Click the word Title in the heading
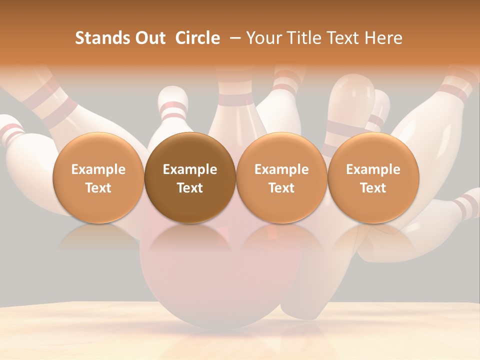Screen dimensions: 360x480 (300, 38)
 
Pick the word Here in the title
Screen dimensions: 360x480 (384, 38)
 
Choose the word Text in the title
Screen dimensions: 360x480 (340, 38)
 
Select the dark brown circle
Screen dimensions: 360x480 (190, 178)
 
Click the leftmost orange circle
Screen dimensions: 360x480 (98, 178)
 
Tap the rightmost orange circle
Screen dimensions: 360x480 (373, 178)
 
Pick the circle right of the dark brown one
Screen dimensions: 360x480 (281, 178)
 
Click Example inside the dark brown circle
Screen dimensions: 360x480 (190, 169)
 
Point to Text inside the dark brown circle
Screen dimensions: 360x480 (190, 188)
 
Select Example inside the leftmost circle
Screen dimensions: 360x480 (98, 169)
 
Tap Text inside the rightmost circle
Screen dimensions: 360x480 (373, 188)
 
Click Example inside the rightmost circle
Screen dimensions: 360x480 (373, 169)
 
